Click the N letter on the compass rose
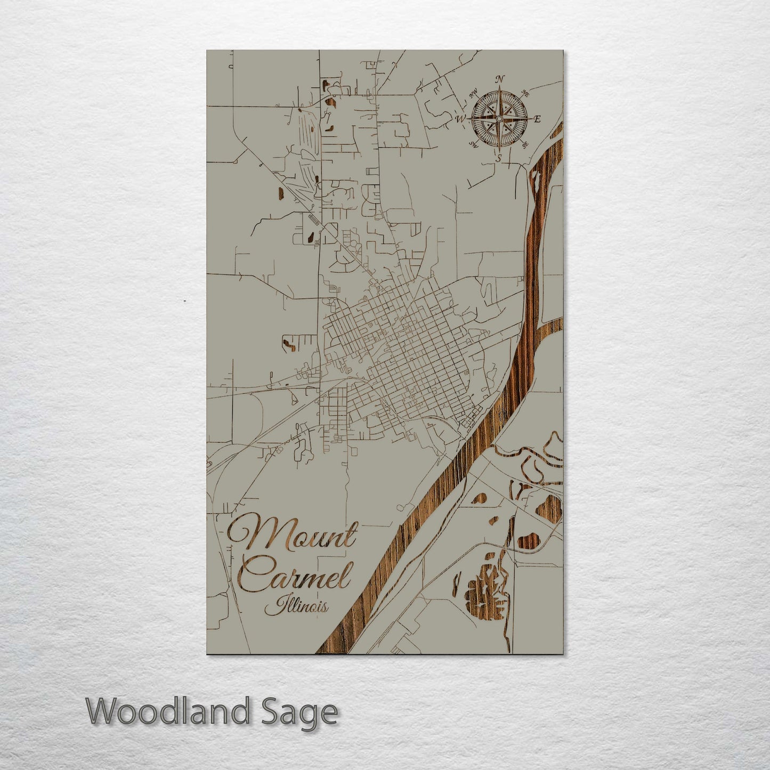(x=499, y=79)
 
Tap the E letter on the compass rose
(x=537, y=119)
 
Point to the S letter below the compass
(x=499, y=158)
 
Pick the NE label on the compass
(x=525, y=94)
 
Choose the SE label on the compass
(x=525, y=144)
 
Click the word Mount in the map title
(x=292, y=534)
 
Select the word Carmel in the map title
(x=295, y=574)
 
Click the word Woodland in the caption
(x=168, y=711)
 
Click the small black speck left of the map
(x=184, y=301)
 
